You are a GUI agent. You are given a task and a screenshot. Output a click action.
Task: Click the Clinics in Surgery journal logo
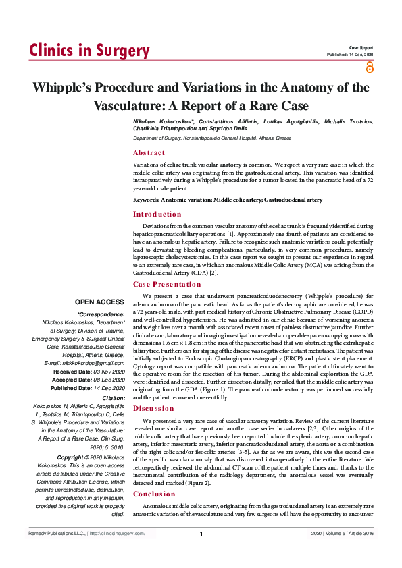(x=89, y=51)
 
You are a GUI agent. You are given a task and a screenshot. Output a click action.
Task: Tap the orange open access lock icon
(x=369, y=67)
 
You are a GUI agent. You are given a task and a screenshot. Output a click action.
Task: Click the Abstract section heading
(x=149, y=153)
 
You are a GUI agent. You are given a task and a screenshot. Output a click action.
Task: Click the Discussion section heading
(x=153, y=408)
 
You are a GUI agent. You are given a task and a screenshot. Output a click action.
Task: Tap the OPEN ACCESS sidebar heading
(x=100, y=302)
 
